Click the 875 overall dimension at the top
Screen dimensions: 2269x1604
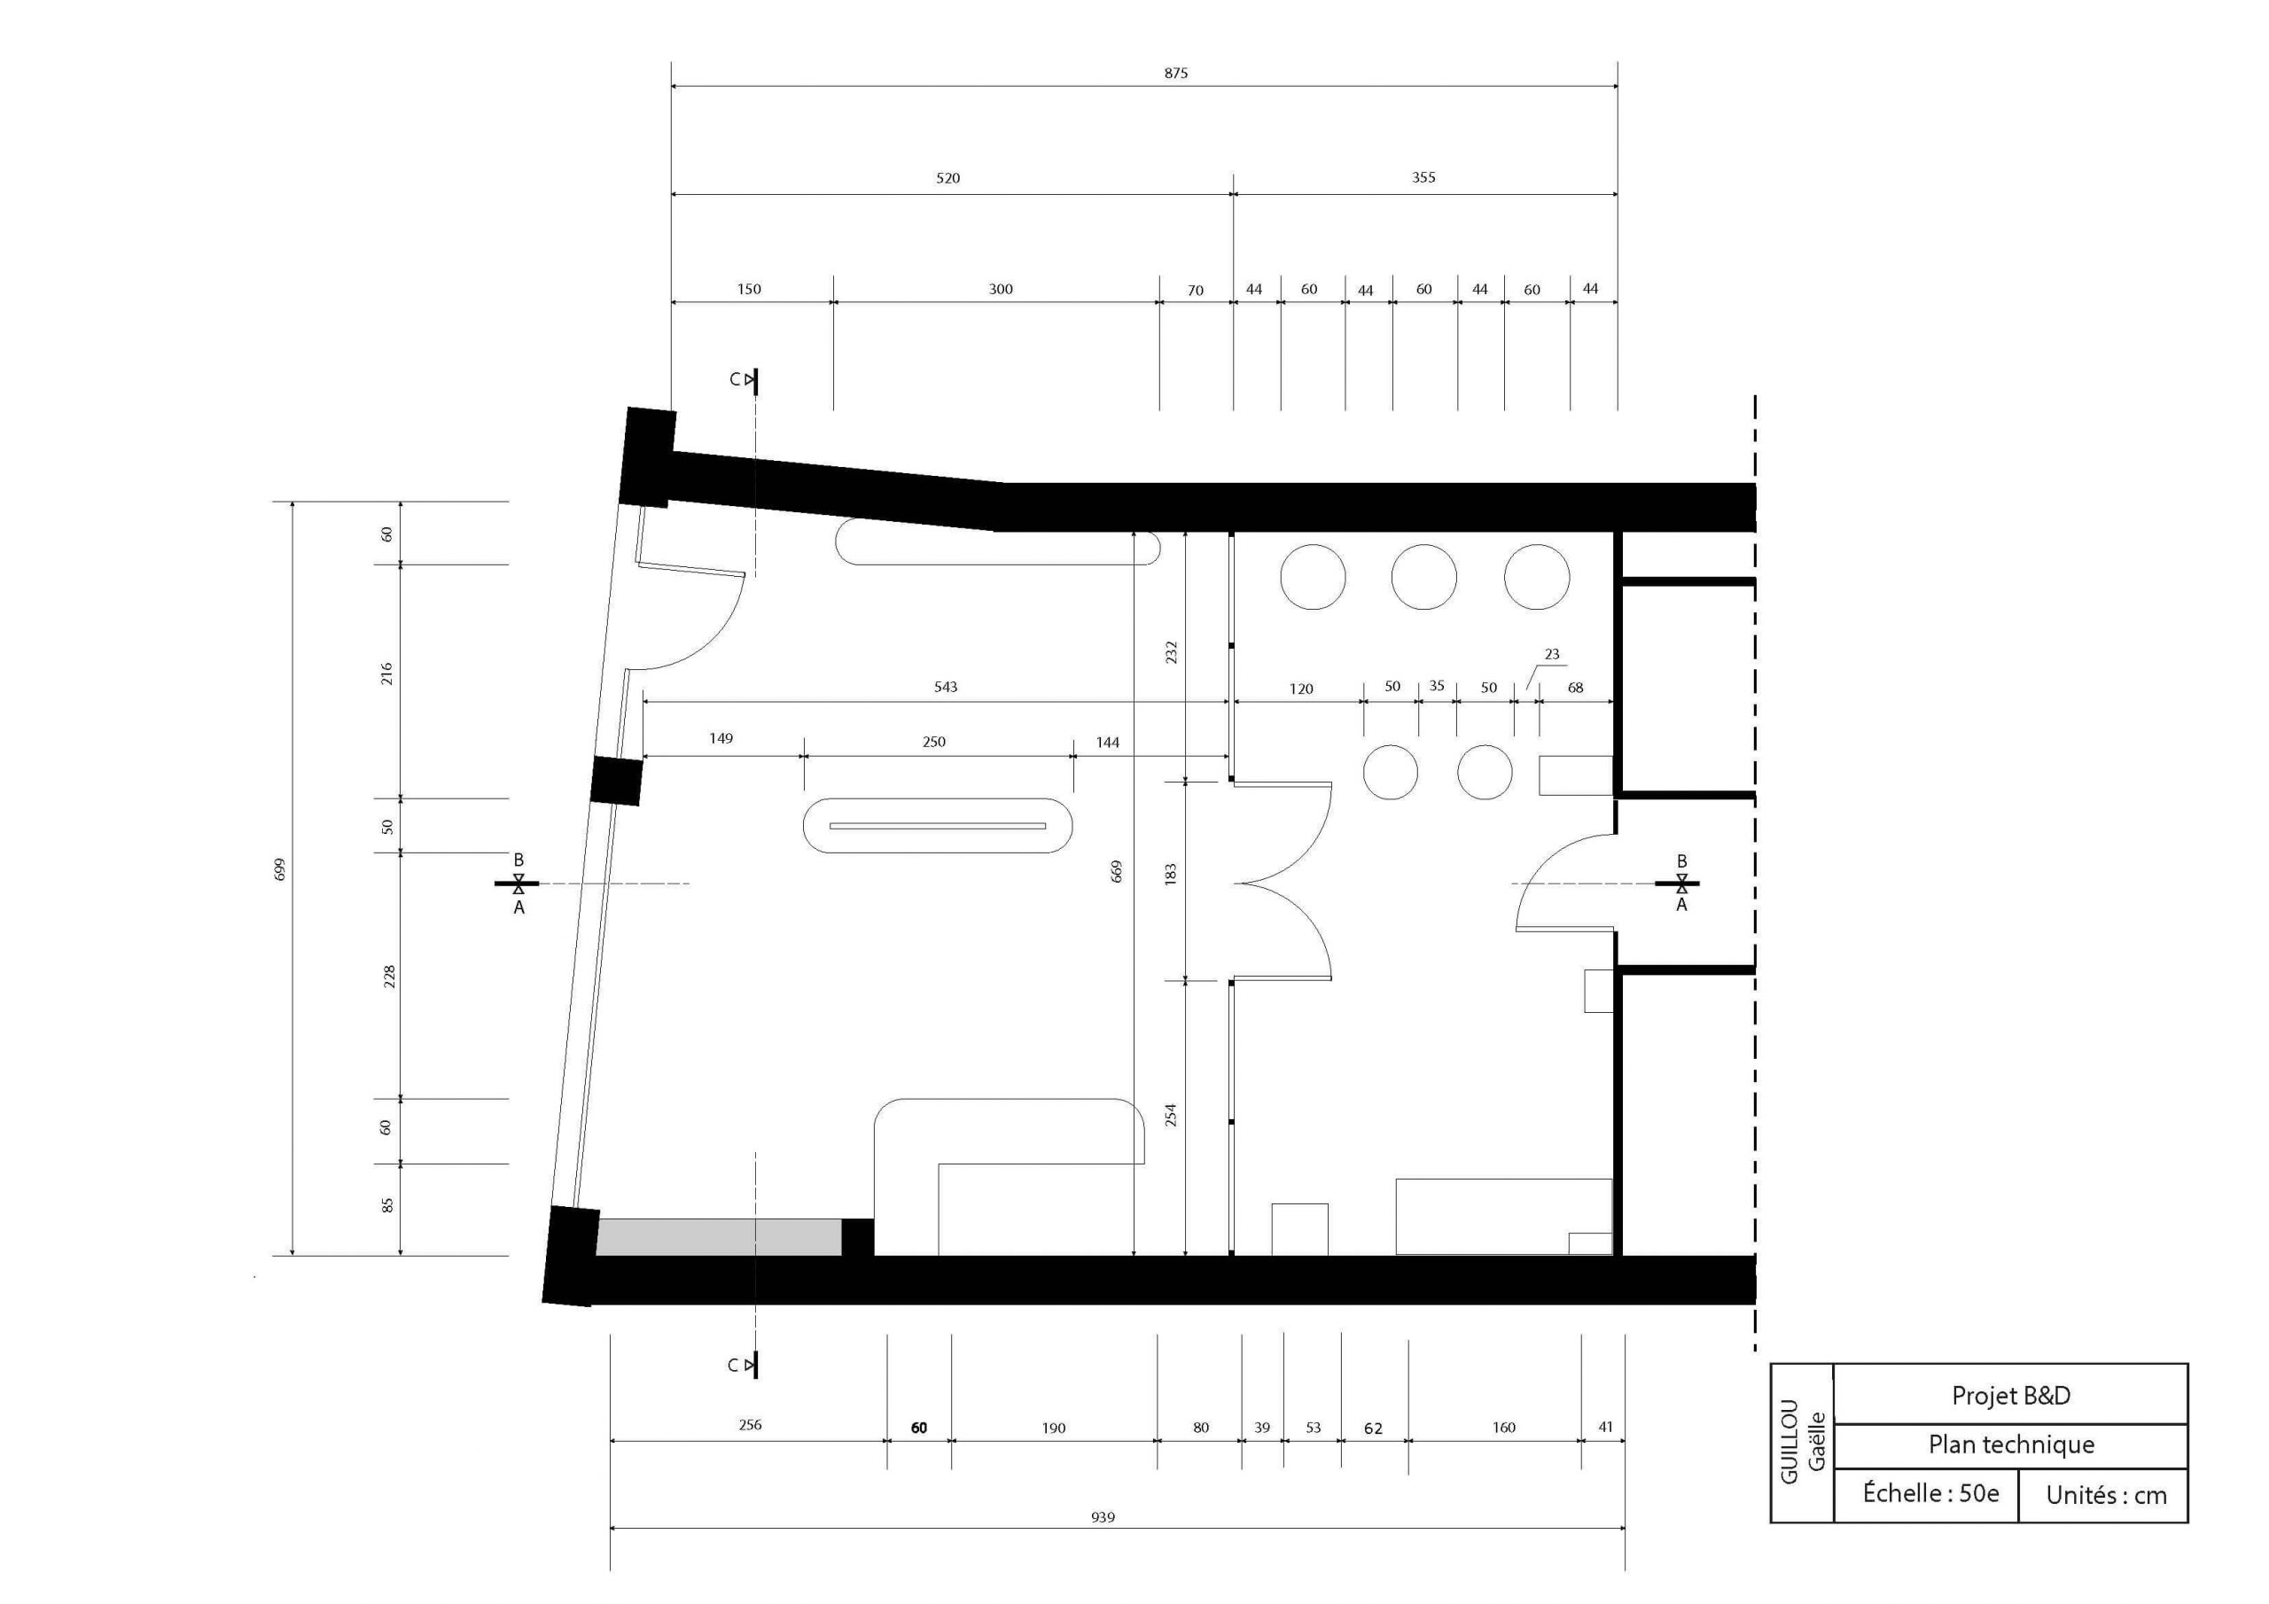[1175, 74]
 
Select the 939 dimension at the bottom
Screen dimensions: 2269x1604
[1103, 1517]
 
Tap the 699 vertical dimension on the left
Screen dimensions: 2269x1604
[280, 869]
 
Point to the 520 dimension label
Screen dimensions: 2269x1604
[947, 179]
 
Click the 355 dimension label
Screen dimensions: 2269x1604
[1423, 178]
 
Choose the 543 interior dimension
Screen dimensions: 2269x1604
[946, 687]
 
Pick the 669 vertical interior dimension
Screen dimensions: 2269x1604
[1117, 871]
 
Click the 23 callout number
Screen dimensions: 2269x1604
[1552, 654]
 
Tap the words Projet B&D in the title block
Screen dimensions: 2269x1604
[2010, 1396]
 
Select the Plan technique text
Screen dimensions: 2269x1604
[2011, 1444]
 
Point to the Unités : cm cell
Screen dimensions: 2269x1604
[2106, 1495]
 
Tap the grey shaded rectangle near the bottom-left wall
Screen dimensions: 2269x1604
[719, 1237]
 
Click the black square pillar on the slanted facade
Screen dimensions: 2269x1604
[617, 781]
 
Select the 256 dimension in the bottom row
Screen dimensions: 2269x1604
[750, 1425]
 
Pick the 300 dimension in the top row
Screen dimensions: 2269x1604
[1000, 290]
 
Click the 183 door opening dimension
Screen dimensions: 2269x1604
[1171, 874]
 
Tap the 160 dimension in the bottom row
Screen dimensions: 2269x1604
[1503, 1427]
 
